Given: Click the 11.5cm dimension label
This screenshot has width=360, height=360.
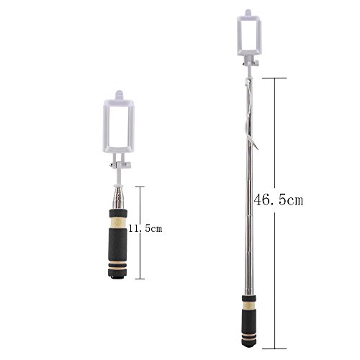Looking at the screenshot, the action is tap(145, 228).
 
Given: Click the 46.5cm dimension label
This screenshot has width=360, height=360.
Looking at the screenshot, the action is tap(279, 199).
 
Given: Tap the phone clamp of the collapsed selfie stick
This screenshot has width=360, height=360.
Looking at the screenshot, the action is tap(119, 126).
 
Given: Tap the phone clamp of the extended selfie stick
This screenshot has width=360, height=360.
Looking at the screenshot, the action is tap(248, 35).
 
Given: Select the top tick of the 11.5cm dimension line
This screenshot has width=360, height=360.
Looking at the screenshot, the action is tap(140, 186).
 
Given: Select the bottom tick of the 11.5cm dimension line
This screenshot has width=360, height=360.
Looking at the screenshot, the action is tap(140, 279).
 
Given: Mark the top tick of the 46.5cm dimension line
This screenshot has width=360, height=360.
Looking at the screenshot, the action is tap(274, 78).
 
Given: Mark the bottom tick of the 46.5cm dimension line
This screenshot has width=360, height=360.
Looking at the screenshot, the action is tap(274, 348).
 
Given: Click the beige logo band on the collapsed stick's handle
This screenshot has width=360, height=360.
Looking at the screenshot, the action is tap(118, 222).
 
